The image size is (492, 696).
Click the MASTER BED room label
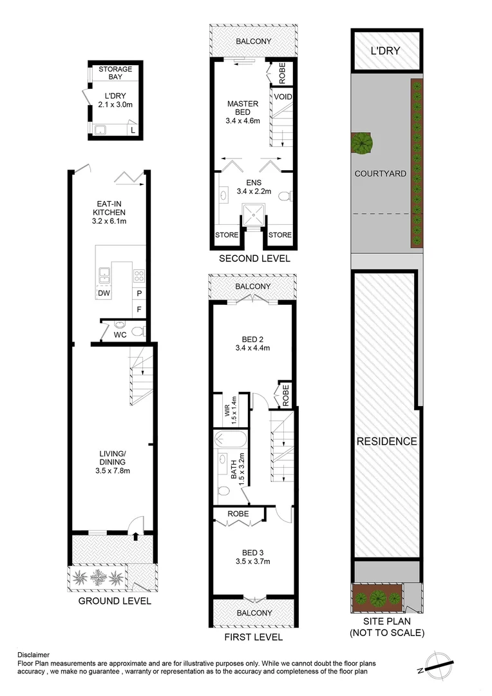(x=243, y=108)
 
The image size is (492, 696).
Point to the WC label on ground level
(x=120, y=334)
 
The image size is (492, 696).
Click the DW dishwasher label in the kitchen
(x=103, y=294)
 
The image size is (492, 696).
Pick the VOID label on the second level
(x=283, y=97)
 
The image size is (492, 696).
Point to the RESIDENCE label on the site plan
(x=387, y=441)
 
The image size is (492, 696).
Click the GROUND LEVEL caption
(x=115, y=601)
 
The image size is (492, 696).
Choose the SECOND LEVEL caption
(x=254, y=258)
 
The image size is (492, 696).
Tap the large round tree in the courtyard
(x=361, y=142)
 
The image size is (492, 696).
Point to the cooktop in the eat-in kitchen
(x=138, y=276)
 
